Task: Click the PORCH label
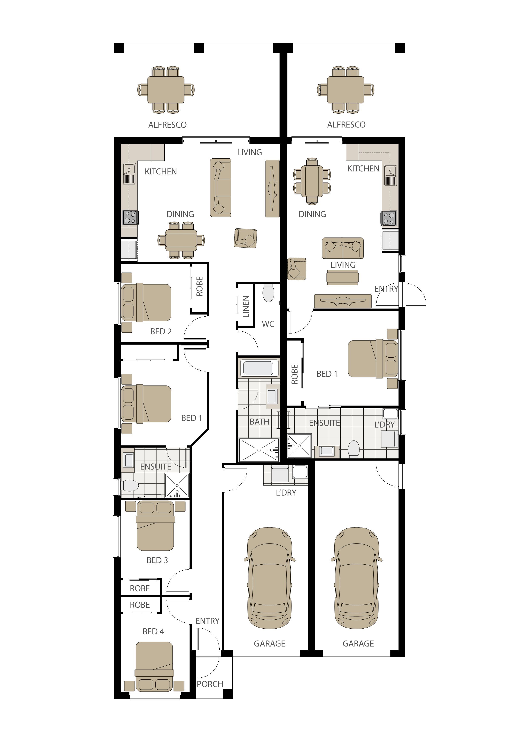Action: coord(210,684)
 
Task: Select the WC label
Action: coord(268,324)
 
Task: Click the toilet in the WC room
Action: coord(268,293)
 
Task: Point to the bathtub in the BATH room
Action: coord(258,368)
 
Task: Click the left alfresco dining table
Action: coord(166,90)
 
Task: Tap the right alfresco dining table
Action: coord(346,90)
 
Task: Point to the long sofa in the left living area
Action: coord(220,188)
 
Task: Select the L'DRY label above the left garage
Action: coord(286,493)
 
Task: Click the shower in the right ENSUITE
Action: coord(299,445)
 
